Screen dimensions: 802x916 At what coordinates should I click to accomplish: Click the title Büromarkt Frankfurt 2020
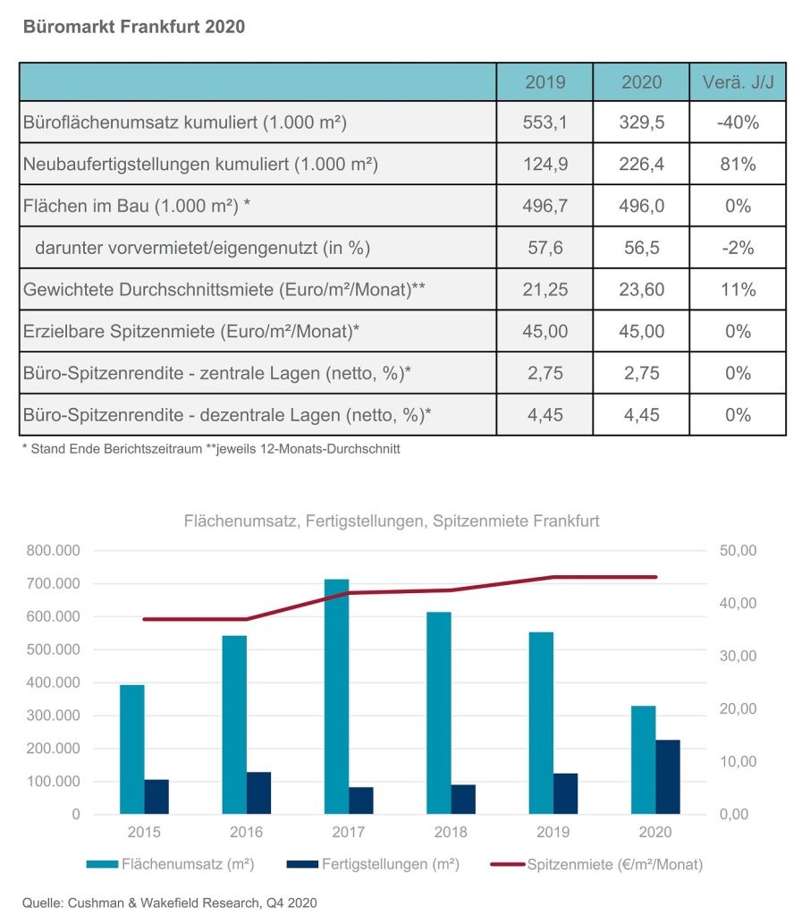[134, 27]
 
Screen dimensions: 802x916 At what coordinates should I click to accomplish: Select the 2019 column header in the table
[545, 81]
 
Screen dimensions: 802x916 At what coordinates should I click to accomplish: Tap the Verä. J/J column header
[738, 81]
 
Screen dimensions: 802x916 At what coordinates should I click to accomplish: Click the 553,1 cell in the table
[545, 122]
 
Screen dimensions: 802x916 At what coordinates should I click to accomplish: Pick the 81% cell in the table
[738, 165]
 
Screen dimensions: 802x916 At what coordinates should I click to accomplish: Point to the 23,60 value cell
[641, 290]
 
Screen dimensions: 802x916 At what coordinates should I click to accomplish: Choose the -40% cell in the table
[738, 122]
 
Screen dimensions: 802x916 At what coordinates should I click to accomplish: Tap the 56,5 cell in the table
[641, 248]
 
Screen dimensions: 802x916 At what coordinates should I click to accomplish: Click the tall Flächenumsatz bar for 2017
[337, 696]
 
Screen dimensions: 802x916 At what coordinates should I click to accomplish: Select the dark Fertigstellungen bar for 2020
[668, 777]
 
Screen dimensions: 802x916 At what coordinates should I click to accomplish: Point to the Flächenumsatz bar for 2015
[132, 750]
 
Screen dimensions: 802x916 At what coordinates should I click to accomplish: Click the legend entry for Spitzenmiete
[596, 865]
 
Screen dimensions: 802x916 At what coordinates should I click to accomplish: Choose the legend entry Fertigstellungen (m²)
[373, 864]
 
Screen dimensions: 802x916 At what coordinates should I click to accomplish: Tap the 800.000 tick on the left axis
[53, 550]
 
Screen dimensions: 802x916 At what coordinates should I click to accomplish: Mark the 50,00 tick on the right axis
[738, 550]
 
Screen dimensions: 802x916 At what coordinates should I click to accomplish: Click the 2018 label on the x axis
[451, 832]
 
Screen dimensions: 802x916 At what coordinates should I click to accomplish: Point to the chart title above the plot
[392, 521]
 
